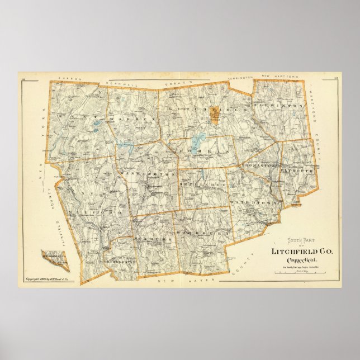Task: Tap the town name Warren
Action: click(124, 120)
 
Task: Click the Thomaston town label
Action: click(259, 166)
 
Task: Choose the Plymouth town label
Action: click(299, 167)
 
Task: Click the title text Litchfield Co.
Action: click(301, 252)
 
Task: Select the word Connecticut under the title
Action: click(301, 261)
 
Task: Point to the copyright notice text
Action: click(50, 280)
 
